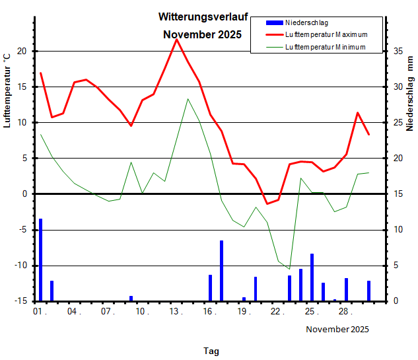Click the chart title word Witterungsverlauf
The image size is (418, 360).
click(203, 17)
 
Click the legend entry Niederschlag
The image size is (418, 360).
click(306, 23)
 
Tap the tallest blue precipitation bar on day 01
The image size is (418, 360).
click(40, 259)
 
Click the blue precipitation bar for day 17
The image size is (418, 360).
click(221, 270)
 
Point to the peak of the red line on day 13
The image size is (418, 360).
click(176, 40)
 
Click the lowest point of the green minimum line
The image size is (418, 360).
click(289, 269)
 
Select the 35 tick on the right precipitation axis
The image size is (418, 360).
click(398, 51)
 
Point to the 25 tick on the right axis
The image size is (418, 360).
click(398, 122)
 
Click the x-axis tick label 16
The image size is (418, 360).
click(208, 311)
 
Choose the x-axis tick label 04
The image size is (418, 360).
click(73, 311)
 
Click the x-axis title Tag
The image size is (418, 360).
click(211, 351)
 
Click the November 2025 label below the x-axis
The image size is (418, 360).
click(337, 329)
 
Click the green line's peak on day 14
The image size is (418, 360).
click(188, 99)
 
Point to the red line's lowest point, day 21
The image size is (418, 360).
click(267, 203)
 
